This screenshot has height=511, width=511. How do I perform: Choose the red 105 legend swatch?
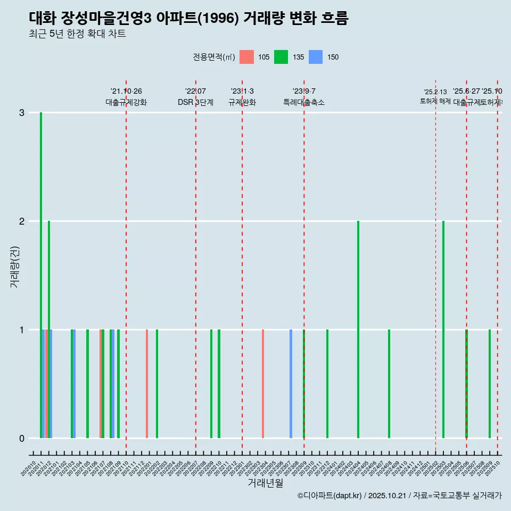click(x=246, y=57)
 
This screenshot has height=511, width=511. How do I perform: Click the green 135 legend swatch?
click(x=281, y=57)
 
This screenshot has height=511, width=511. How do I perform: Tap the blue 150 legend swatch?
click(x=316, y=57)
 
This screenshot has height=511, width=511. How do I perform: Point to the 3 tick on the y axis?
click(x=22, y=113)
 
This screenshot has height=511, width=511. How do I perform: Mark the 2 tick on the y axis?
click(x=22, y=221)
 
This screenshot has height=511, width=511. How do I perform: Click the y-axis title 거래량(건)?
click(x=14, y=266)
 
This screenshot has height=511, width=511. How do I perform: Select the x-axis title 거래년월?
click(x=265, y=483)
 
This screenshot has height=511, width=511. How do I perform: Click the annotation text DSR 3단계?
click(x=195, y=102)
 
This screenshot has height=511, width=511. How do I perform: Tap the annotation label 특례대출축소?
click(x=303, y=102)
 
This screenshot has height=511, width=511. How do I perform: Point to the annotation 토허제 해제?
click(x=435, y=101)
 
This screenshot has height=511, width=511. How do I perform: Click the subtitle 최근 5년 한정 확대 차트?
click(x=77, y=34)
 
